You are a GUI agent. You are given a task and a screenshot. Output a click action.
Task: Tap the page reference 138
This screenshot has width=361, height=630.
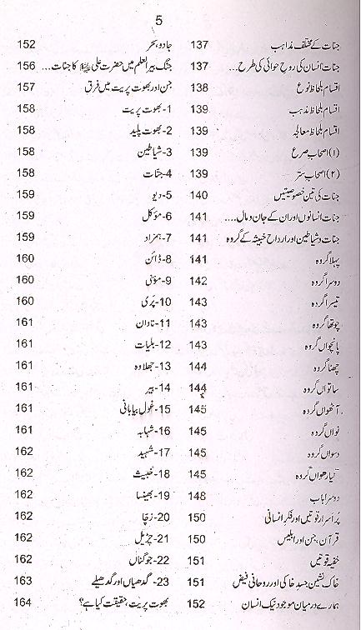coord(200,87)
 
